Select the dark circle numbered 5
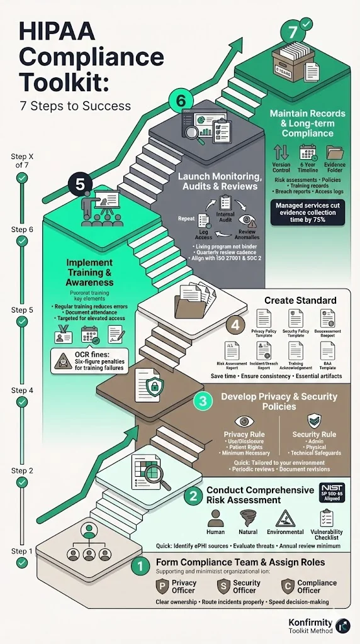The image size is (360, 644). pos(80,184)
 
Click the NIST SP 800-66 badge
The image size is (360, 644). pos(332,492)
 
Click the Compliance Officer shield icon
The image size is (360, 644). pos(286,586)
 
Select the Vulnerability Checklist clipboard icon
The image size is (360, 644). pos(326,518)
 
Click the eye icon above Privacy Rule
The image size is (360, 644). pos(244,421)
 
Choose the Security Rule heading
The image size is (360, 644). pos(314,435)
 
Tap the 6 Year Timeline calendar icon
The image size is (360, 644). pos(308,152)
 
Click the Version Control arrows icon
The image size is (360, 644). pos(281,152)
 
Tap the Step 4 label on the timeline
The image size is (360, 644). pos(22,391)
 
